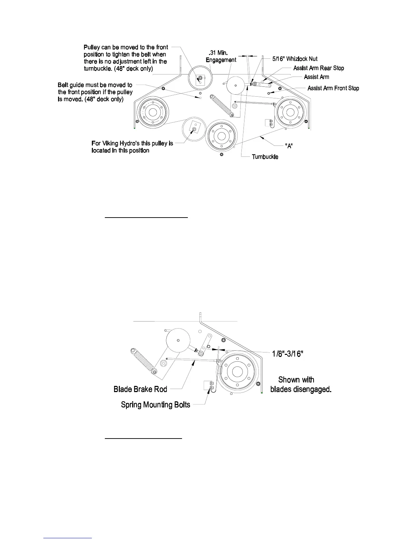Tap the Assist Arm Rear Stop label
click(318, 68)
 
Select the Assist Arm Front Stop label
click(333, 88)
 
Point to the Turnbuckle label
click(265, 157)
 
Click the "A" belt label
click(289, 146)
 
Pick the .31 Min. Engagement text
click(221, 56)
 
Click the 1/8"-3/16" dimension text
click(287, 353)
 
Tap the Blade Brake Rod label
click(140, 389)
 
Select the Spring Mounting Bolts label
click(155, 405)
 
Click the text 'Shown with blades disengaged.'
click(301, 384)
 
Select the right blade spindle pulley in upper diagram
click(290, 112)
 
